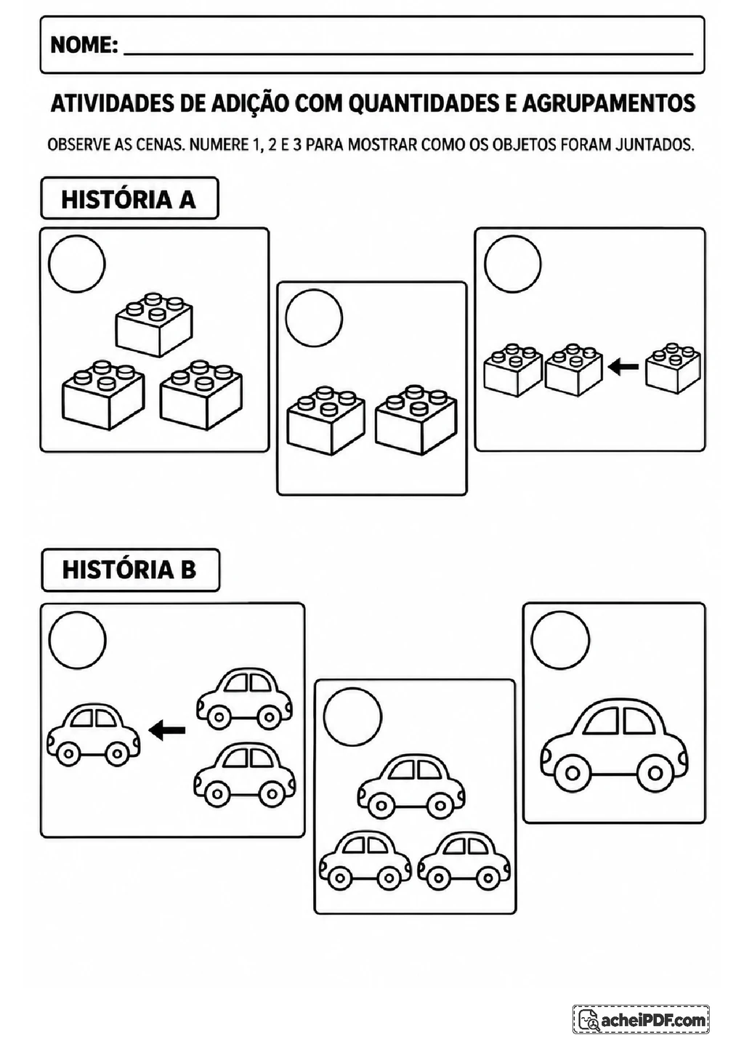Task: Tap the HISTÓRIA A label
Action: (x=129, y=199)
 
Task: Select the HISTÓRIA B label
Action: (x=130, y=570)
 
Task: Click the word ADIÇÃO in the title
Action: (x=251, y=104)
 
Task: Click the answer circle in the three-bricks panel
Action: (x=77, y=264)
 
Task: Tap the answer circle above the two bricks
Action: (x=314, y=318)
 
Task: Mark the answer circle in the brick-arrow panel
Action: (x=512, y=264)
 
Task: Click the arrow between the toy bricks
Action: (x=623, y=366)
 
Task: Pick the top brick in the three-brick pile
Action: (x=154, y=324)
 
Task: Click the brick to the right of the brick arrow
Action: (x=673, y=368)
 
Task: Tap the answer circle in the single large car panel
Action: (x=560, y=640)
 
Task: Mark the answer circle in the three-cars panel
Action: (x=353, y=716)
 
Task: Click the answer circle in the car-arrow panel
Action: (x=78, y=640)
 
